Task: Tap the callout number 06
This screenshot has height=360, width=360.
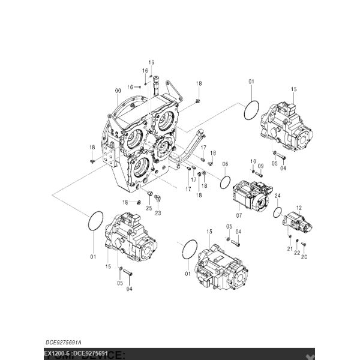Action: [x=225, y=164]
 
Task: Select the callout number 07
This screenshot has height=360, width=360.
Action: [x=238, y=215]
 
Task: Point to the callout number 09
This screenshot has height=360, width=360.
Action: [x=260, y=166]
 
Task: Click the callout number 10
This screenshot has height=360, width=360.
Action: [x=253, y=161]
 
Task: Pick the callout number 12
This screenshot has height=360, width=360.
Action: [x=298, y=207]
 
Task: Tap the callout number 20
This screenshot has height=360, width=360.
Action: [x=304, y=257]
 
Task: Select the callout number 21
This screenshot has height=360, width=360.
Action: [x=289, y=249]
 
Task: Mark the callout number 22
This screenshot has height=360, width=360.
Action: [x=297, y=253]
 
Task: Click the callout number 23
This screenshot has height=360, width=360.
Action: [x=158, y=212]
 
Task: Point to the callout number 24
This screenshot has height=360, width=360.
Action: [x=277, y=196]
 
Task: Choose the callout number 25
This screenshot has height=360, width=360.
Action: [x=149, y=208]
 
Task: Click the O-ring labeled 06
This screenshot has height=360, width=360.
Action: [x=226, y=181]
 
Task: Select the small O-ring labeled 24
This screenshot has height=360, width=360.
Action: [x=277, y=211]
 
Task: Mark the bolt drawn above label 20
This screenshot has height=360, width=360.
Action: [x=304, y=244]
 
